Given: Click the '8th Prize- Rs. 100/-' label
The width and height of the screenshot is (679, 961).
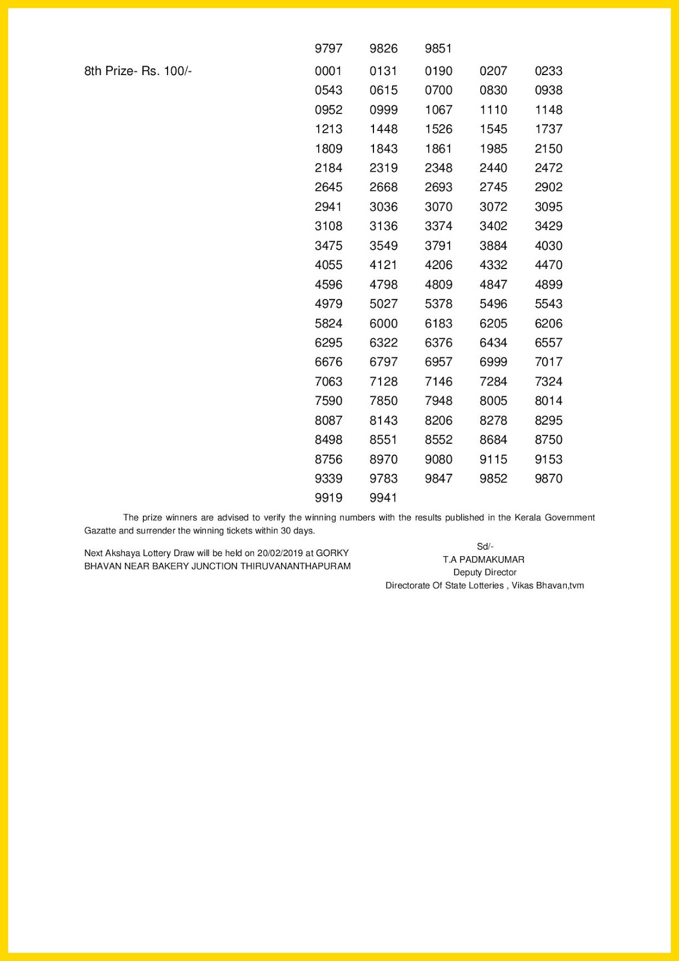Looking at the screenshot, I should click(x=138, y=71).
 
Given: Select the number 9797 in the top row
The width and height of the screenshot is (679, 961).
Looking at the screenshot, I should click(x=328, y=49).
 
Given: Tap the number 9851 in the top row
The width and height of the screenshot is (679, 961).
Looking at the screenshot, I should click(x=438, y=49).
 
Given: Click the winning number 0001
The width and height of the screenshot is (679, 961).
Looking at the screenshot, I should click(x=328, y=71).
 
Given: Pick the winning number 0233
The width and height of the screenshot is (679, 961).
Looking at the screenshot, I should click(x=549, y=71).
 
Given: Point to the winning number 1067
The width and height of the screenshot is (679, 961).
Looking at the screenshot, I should click(x=438, y=110).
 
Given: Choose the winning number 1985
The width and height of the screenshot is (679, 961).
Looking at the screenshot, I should click(x=493, y=148).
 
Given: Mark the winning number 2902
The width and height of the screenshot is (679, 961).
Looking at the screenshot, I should click(x=549, y=187).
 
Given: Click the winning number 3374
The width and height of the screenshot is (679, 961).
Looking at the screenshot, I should click(x=438, y=226).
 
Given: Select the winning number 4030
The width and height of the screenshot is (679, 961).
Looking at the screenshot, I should click(x=549, y=246).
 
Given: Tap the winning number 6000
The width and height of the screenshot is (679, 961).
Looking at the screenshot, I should click(x=384, y=323).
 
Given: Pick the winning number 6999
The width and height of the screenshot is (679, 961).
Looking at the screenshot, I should click(x=493, y=362).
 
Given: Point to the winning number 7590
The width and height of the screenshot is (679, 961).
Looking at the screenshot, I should click(x=328, y=401).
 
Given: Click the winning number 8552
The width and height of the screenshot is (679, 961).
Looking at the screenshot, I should click(x=438, y=440).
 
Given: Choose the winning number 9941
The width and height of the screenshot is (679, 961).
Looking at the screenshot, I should click(x=384, y=498).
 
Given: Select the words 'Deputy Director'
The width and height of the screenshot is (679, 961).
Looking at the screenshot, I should click(x=484, y=572).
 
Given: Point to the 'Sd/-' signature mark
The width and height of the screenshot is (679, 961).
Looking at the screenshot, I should click(x=484, y=547).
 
